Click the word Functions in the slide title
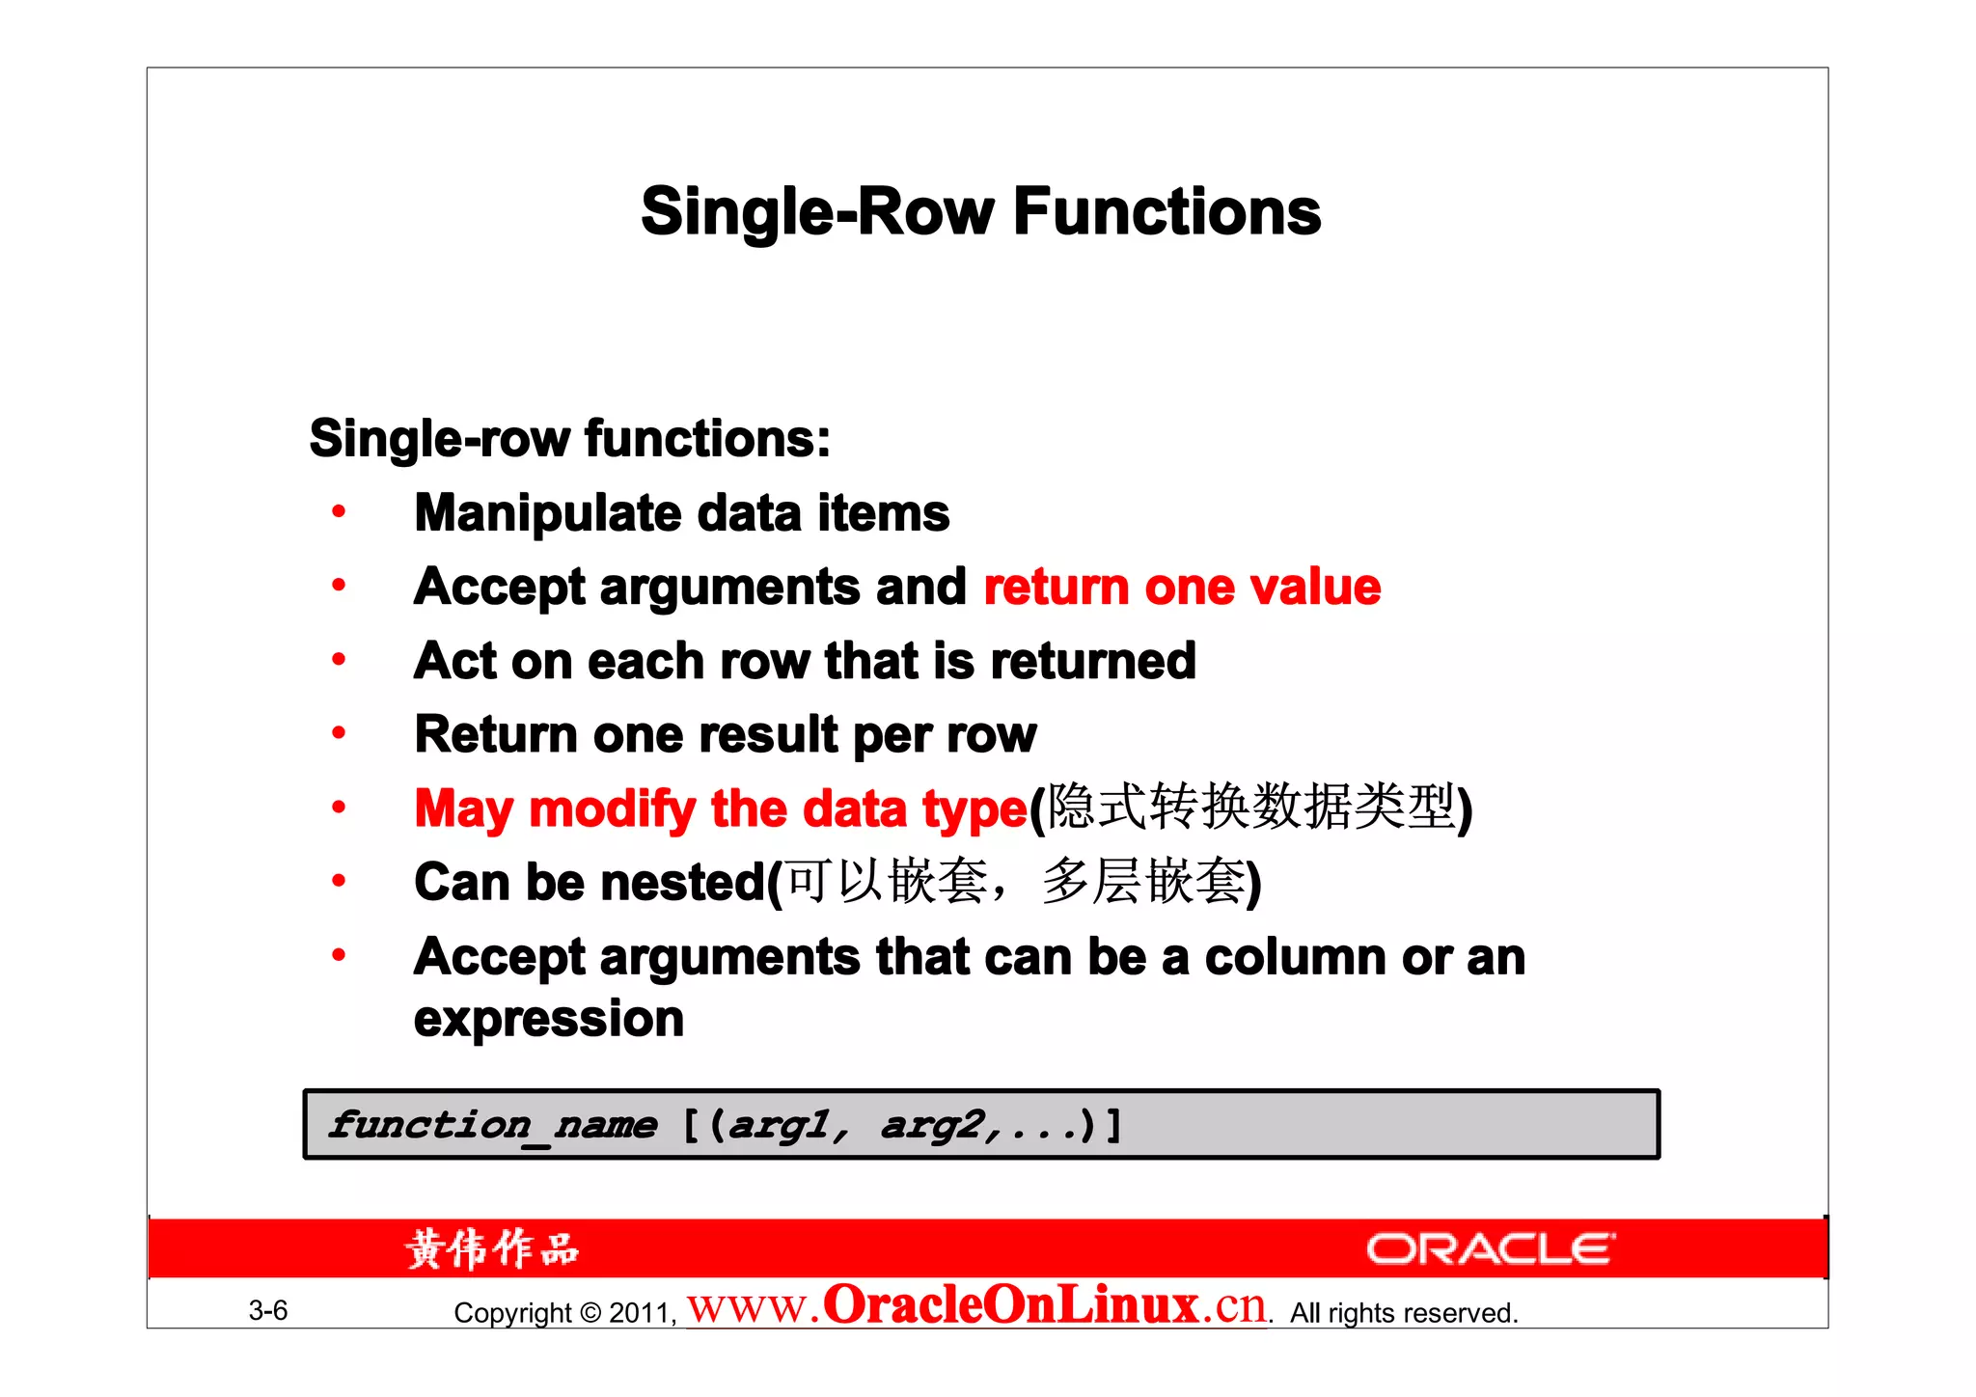[x=1166, y=211]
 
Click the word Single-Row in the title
[x=817, y=211]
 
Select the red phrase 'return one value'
[x=1182, y=587]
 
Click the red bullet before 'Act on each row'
[x=339, y=660]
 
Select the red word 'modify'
[x=612, y=808]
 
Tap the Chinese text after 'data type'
[x=1250, y=807]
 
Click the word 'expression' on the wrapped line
[x=548, y=1019]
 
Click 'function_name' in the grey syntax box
[x=493, y=1125]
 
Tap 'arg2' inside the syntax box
[x=931, y=1125]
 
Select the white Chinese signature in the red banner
[x=492, y=1248]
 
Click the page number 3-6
[x=268, y=1310]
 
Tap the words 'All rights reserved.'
[x=1404, y=1313]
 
